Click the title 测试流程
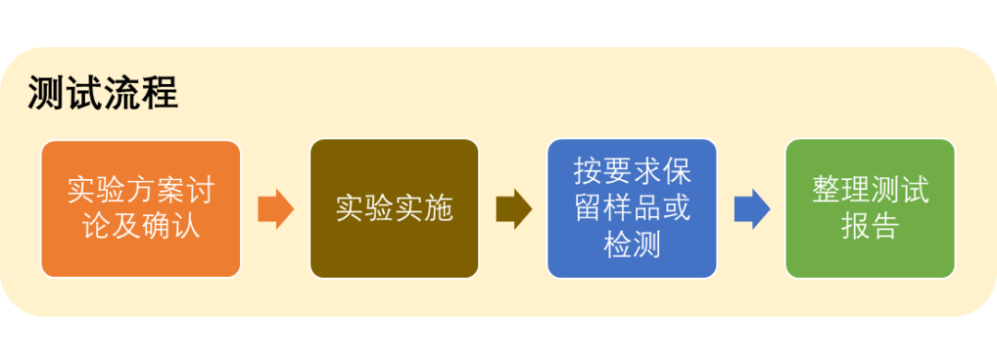point(102,93)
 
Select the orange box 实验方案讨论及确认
point(140,208)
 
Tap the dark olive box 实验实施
point(394,208)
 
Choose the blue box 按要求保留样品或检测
point(631,208)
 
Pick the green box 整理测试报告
point(870,208)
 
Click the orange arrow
point(275,209)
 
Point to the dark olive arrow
point(513,209)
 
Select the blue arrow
point(751,209)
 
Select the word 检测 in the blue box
point(632,245)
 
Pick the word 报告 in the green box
point(871,226)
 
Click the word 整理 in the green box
point(841,190)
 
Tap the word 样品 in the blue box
point(632,209)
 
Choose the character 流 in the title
point(122,93)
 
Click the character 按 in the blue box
point(588,173)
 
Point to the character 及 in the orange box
point(126,226)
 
